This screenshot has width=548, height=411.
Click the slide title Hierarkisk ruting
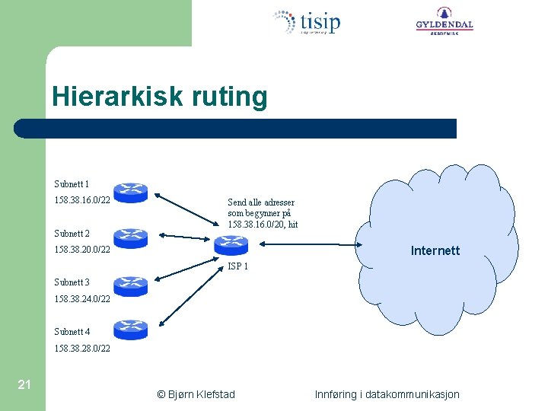[160, 97]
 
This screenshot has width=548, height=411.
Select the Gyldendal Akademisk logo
[444, 21]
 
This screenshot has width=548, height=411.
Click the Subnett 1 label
[72, 184]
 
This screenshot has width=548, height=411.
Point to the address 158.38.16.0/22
[82, 200]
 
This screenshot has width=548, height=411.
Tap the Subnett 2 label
[72, 234]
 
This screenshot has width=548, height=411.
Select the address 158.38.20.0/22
[82, 250]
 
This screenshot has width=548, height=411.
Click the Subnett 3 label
[72, 282]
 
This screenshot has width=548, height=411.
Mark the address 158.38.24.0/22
[82, 299]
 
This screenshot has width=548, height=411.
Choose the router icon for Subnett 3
[130, 285]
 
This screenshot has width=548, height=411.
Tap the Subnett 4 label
[72, 332]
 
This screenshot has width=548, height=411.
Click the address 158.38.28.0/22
[82, 349]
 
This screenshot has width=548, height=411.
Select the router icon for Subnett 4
[130, 329]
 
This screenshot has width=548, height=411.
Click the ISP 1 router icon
[231, 245]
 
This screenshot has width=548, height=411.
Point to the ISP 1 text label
[238, 267]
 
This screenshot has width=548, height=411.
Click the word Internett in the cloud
[435, 250]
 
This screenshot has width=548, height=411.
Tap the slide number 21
[24, 384]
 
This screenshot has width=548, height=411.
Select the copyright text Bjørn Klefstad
[196, 394]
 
